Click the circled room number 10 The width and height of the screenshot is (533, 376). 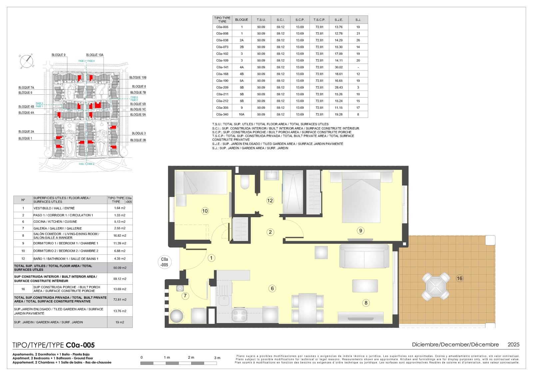tap(205, 211)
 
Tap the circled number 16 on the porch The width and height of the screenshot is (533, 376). tap(460, 279)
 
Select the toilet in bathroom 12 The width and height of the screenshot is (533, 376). tap(245, 182)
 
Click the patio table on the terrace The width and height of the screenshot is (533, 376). tap(435, 286)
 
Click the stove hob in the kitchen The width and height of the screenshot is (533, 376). tap(239, 315)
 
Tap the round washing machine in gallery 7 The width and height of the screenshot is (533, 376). tap(176, 316)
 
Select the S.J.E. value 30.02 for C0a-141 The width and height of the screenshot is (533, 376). tap(338, 67)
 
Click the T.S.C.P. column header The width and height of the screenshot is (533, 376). tap(319, 20)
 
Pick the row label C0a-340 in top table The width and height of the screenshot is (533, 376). tap(222, 114)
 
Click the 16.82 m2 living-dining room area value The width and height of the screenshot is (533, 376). tap(120, 235)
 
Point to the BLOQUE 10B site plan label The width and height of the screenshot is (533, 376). tap(138, 77)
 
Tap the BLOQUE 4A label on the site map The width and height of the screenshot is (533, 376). tap(26, 113)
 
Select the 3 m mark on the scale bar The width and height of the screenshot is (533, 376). tap(217, 358)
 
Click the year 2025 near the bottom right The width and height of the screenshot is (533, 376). tap(513, 344)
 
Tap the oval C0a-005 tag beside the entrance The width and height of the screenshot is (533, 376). tap(164, 262)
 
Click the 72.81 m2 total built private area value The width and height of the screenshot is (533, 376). tap(120, 300)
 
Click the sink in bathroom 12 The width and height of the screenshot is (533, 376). tap(272, 175)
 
